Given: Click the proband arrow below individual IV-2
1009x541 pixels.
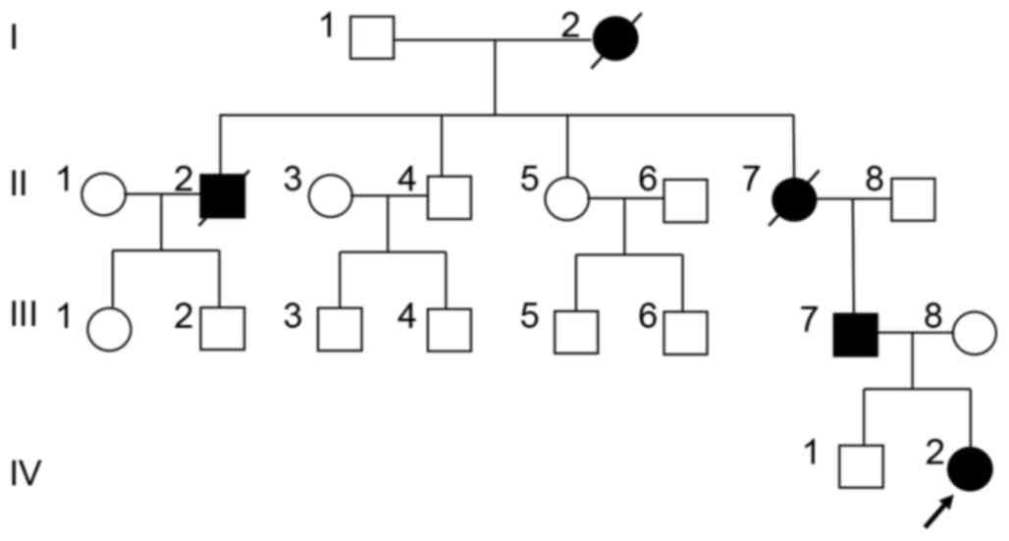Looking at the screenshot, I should [937, 511].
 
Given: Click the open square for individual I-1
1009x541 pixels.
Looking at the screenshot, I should [372, 39].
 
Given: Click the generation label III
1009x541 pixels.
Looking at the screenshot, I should [23, 315].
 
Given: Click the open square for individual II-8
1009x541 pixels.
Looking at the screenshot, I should [913, 198].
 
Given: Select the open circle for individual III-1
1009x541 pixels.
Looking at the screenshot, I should [110, 331].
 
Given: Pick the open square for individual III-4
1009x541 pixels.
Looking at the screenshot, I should [447, 331].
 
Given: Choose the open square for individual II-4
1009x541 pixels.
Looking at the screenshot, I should [449, 197].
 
